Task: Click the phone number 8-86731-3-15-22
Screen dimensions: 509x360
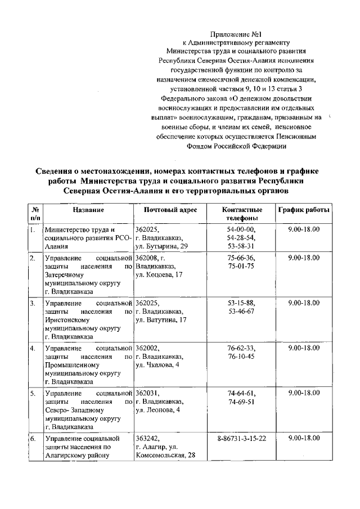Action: click(241, 438)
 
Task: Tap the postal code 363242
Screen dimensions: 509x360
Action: click(147, 438)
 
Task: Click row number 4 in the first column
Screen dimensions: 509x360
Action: click(33, 348)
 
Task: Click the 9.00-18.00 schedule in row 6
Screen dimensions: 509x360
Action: click(303, 438)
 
